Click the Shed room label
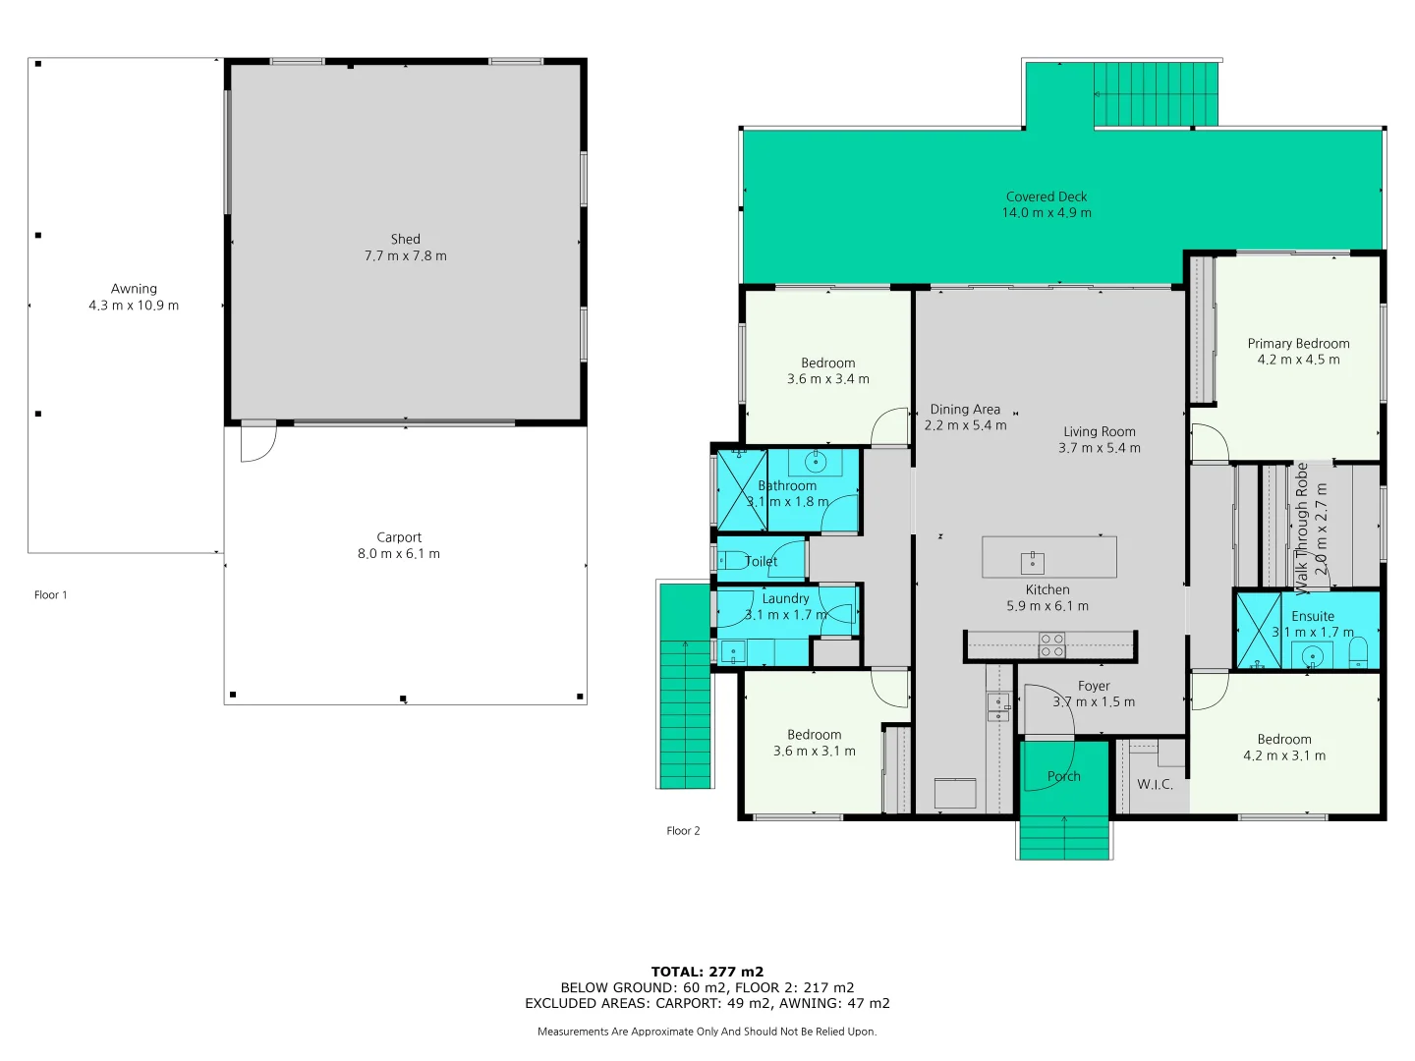coord(405,239)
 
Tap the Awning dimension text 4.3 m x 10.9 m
coord(134,306)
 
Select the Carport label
coord(399,537)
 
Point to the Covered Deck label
coord(1047,196)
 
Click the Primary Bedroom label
coord(1298,343)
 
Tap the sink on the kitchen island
coord(1032,563)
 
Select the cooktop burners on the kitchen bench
coord(1051,645)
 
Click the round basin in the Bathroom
coord(816,461)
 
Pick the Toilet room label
coord(762,562)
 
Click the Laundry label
coord(785,598)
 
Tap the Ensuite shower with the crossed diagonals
coord(1259,631)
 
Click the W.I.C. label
coord(1155,784)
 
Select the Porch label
coord(1063,776)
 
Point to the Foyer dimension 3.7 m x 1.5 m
coord(1094,702)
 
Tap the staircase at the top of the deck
coord(1156,93)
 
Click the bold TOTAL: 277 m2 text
coord(707,972)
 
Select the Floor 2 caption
coord(683,831)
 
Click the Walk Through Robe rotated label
coord(1302,529)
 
